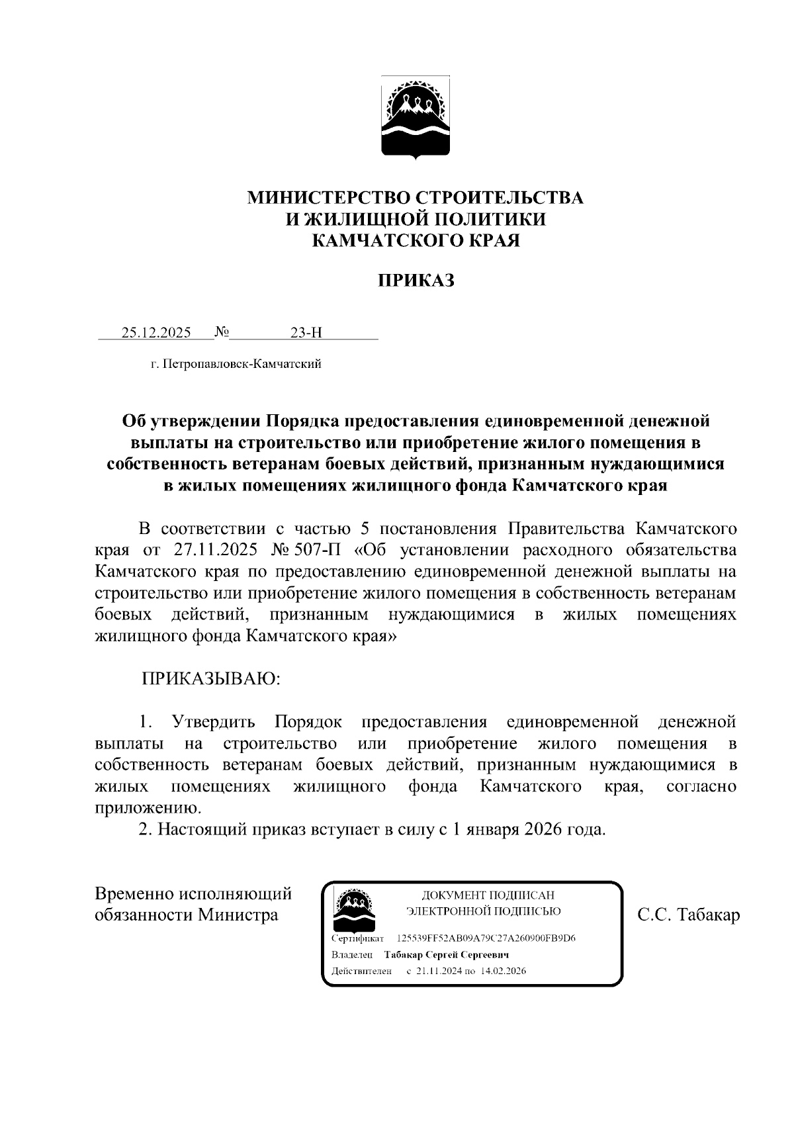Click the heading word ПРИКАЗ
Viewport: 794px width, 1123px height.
(416, 281)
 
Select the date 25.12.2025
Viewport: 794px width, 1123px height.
(156, 333)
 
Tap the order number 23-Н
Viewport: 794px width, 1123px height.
(306, 333)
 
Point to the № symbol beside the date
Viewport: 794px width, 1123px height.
(222, 332)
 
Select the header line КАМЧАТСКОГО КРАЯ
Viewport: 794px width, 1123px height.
(416, 240)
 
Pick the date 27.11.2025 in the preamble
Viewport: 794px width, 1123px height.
(217, 551)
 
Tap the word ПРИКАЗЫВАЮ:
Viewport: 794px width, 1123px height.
(210, 679)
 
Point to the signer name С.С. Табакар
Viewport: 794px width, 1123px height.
(688, 915)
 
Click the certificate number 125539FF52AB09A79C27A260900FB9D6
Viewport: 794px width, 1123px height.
(486, 938)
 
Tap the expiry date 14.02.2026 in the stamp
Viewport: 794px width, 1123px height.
(504, 971)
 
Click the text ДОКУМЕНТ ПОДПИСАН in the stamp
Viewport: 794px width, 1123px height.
(484, 895)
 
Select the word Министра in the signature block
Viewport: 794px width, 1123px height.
(237, 915)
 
